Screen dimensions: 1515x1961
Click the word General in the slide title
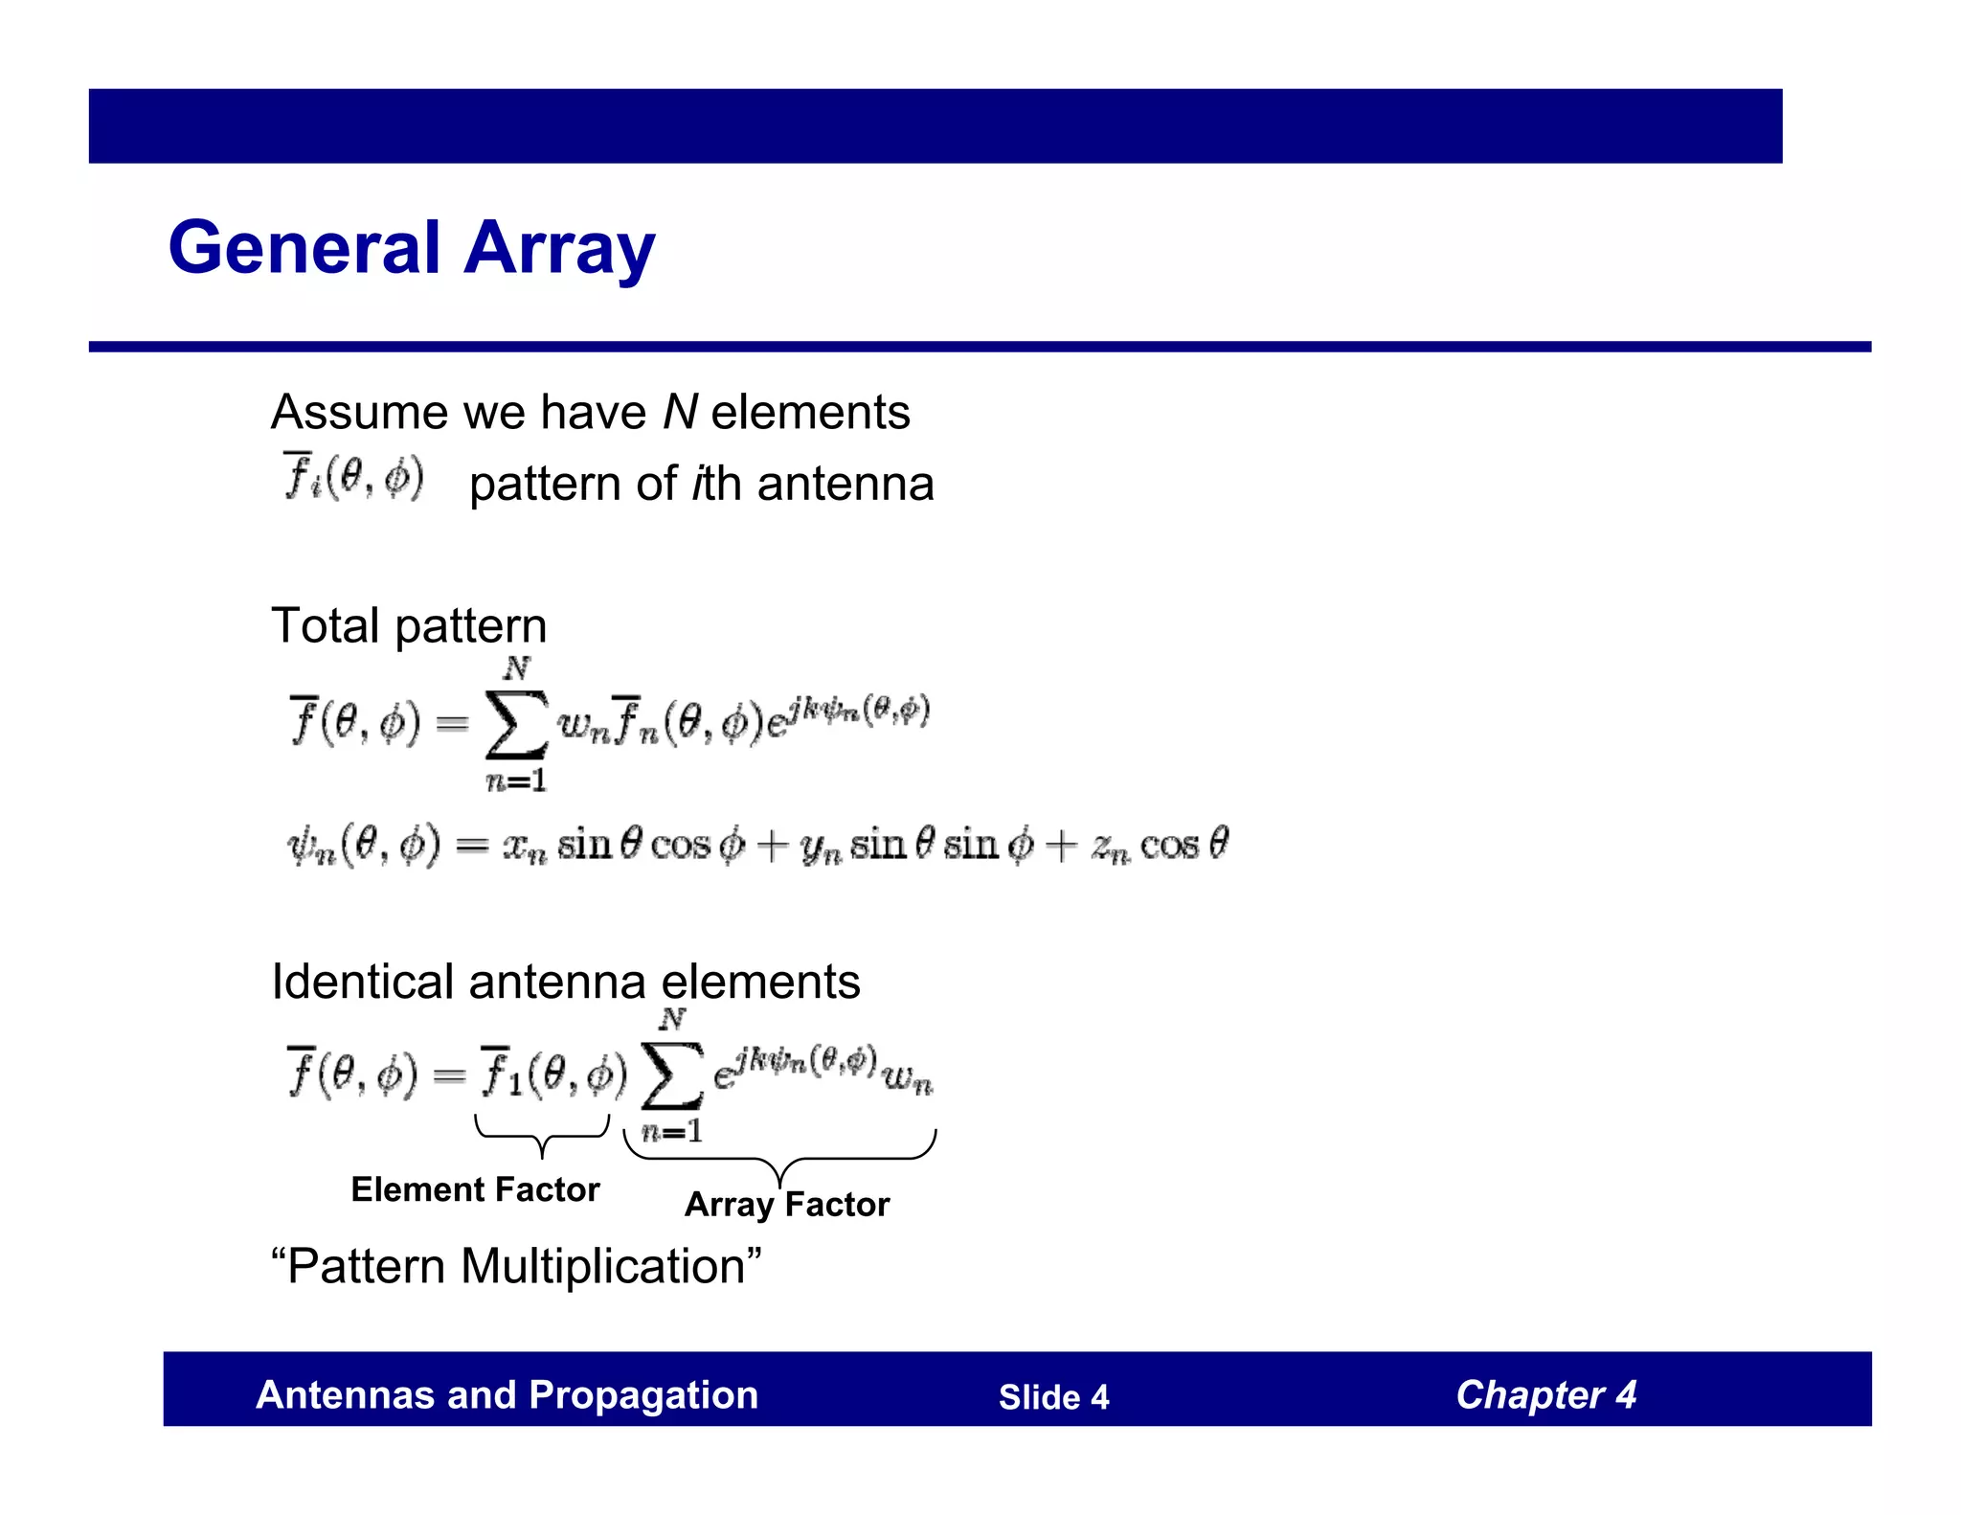[304, 248]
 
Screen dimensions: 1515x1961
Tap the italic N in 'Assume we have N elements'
[680, 412]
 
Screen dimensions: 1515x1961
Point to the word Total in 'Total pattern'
[326, 625]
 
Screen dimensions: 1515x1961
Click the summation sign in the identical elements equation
[671, 1074]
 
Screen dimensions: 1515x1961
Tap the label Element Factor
[475, 1189]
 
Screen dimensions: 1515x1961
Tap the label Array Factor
[787, 1204]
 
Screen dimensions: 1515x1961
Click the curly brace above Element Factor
[542, 1135]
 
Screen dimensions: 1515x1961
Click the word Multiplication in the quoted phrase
[602, 1266]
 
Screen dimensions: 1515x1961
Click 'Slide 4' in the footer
[1053, 1397]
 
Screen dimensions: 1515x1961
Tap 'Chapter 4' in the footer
[1545, 1395]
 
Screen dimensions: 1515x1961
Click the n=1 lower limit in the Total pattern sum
[516, 781]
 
